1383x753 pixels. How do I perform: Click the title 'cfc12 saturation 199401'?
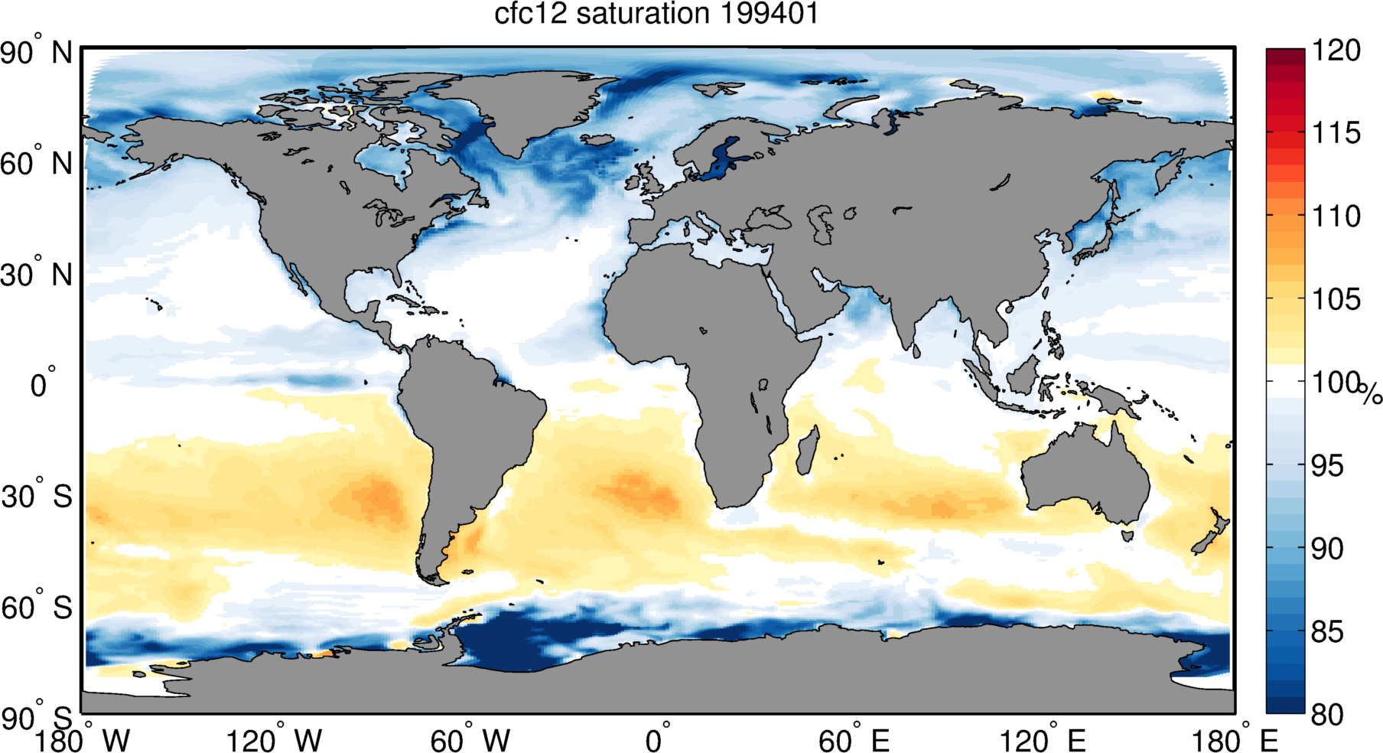coord(656,14)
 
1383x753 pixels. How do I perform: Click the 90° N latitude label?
coord(37,53)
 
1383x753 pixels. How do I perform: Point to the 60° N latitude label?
coord(37,164)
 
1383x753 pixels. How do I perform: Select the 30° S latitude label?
coord(37,497)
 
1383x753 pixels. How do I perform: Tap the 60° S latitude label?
coord(37,608)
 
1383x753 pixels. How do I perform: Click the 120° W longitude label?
coord(275,740)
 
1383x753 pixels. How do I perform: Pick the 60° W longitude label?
coord(470,740)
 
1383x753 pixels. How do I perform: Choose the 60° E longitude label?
coord(854,740)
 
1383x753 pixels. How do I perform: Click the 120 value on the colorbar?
coord(1336,51)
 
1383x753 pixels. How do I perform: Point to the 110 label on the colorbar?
coord(1336,216)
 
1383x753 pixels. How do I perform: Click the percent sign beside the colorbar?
coord(1371,394)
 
